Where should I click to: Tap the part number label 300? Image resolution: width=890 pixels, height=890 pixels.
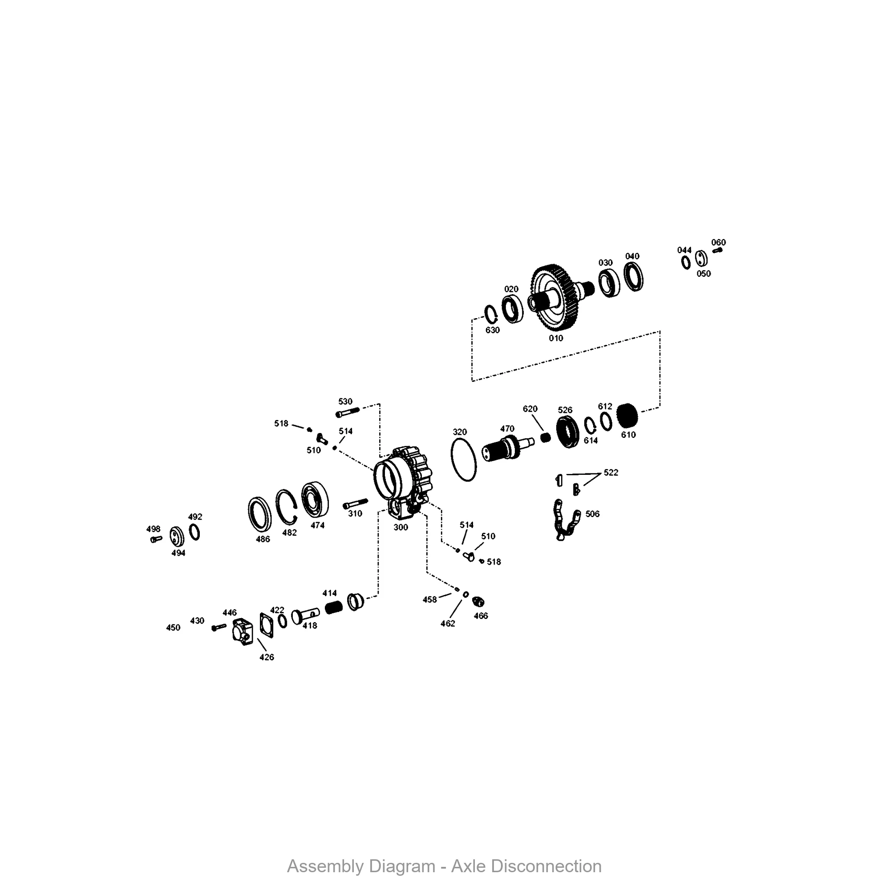coord(400,527)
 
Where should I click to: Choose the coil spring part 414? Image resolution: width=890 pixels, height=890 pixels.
coord(333,607)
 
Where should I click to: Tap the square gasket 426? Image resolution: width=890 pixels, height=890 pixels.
coord(266,625)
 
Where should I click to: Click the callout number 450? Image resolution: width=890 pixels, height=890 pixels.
coord(173,627)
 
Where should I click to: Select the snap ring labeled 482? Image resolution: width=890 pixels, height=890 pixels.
coord(287,506)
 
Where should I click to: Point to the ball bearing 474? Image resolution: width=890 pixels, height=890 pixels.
coord(316,499)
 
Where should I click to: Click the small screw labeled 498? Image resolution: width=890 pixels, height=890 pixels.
coord(156,538)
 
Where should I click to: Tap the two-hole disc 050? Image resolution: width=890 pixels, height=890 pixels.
coord(701,259)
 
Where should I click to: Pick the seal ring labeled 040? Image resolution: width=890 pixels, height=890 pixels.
coord(633,276)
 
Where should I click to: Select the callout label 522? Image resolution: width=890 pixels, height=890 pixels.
coord(611,472)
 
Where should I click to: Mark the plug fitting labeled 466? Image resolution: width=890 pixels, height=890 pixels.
coord(479,602)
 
